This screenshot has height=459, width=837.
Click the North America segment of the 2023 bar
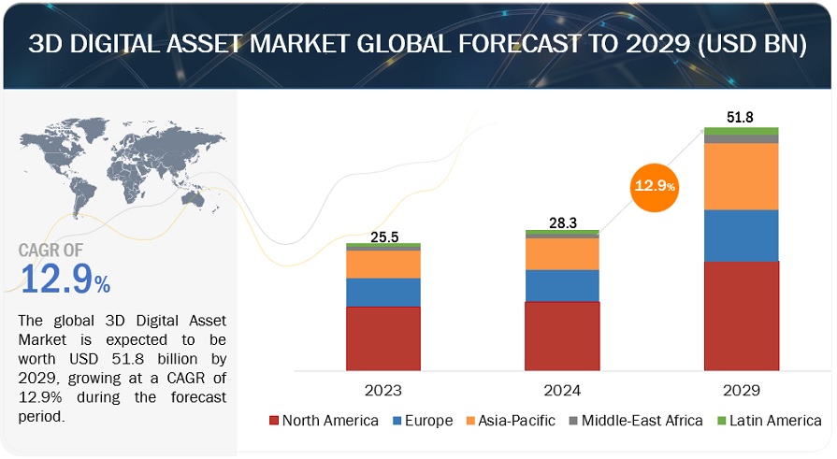click(x=382, y=337)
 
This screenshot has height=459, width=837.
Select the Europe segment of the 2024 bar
click(x=561, y=285)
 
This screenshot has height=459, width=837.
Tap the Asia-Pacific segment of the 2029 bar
click(x=741, y=176)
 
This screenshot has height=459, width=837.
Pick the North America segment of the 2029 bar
click(x=741, y=315)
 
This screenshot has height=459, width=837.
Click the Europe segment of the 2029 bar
click(x=741, y=235)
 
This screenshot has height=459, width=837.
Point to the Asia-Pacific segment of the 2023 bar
click(x=382, y=264)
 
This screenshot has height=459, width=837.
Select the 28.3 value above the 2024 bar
click(x=562, y=222)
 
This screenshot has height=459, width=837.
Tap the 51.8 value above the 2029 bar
click(x=741, y=117)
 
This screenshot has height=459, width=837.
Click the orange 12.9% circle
click(x=655, y=187)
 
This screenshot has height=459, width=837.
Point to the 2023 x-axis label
click(x=382, y=388)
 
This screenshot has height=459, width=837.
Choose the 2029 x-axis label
click(x=741, y=388)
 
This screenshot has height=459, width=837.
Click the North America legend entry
click(x=324, y=421)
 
